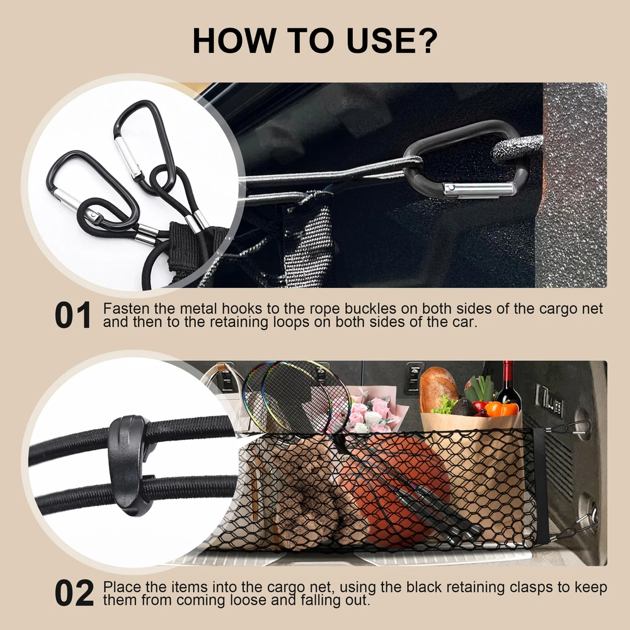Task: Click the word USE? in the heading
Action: (392, 40)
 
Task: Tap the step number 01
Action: (72, 316)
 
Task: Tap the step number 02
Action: (74, 593)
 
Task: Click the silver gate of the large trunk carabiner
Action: (479, 189)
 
